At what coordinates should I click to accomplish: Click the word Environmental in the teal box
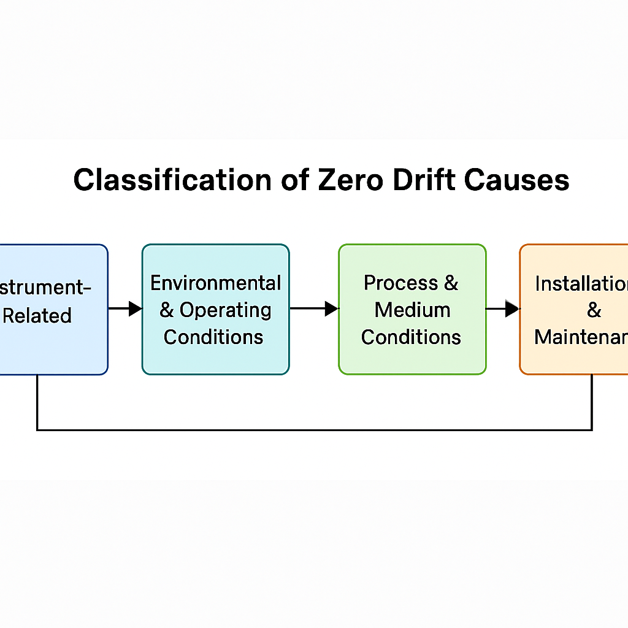[215, 283]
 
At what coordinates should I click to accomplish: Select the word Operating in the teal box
[225, 310]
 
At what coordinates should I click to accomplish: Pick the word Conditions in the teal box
[213, 337]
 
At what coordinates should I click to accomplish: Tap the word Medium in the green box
[412, 310]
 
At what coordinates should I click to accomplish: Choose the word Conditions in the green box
[411, 337]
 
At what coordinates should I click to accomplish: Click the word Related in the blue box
[37, 316]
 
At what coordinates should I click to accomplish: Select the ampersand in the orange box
[594, 310]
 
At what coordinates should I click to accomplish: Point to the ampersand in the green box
[451, 283]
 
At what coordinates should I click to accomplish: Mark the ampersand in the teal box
[167, 310]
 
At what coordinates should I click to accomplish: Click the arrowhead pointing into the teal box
[136, 308]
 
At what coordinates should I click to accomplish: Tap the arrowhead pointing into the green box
[332, 308]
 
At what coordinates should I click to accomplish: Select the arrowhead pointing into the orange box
[512, 308]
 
